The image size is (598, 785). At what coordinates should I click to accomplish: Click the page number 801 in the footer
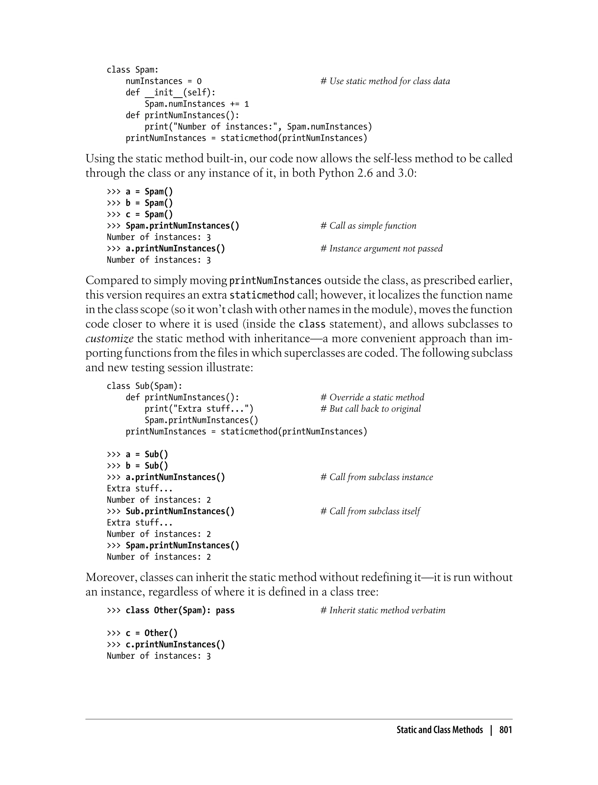click(x=505, y=730)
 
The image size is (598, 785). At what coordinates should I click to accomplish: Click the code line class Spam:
click(x=132, y=70)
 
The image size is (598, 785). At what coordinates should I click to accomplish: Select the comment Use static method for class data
click(x=385, y=81)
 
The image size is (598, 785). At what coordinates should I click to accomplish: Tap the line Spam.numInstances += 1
click(x=197, y=104)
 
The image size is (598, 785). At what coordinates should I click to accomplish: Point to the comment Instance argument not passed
click(x=382, y=249)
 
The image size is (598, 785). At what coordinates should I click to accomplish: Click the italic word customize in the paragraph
click(x=109, y=338)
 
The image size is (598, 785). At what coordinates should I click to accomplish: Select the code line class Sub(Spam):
click(x=144, y=386)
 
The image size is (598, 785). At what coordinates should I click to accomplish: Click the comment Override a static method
click(x=372, y=397)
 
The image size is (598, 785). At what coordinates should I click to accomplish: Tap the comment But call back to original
click(x=371, y=409)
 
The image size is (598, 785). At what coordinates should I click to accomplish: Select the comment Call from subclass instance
click(x=377, y=477)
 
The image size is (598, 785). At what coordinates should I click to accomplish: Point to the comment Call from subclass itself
click(x=370, y=511)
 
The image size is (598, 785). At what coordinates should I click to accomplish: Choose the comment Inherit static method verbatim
click(x=383, y=610)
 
